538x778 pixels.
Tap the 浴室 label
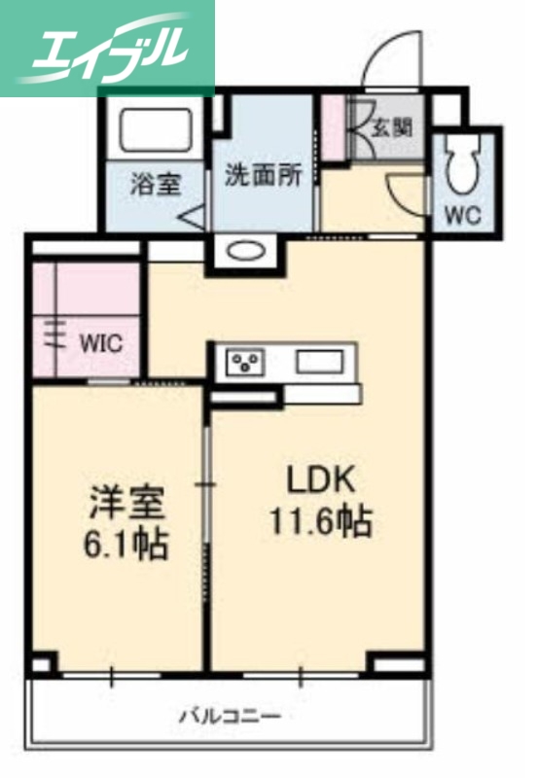[155, 185]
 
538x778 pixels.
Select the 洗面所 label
[263, 175]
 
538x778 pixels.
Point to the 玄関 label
[391, 126]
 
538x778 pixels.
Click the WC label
[463, 215]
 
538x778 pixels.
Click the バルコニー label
[230, 717]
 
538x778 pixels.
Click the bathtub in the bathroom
[156, 129]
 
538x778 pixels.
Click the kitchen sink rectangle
[319, 363]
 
